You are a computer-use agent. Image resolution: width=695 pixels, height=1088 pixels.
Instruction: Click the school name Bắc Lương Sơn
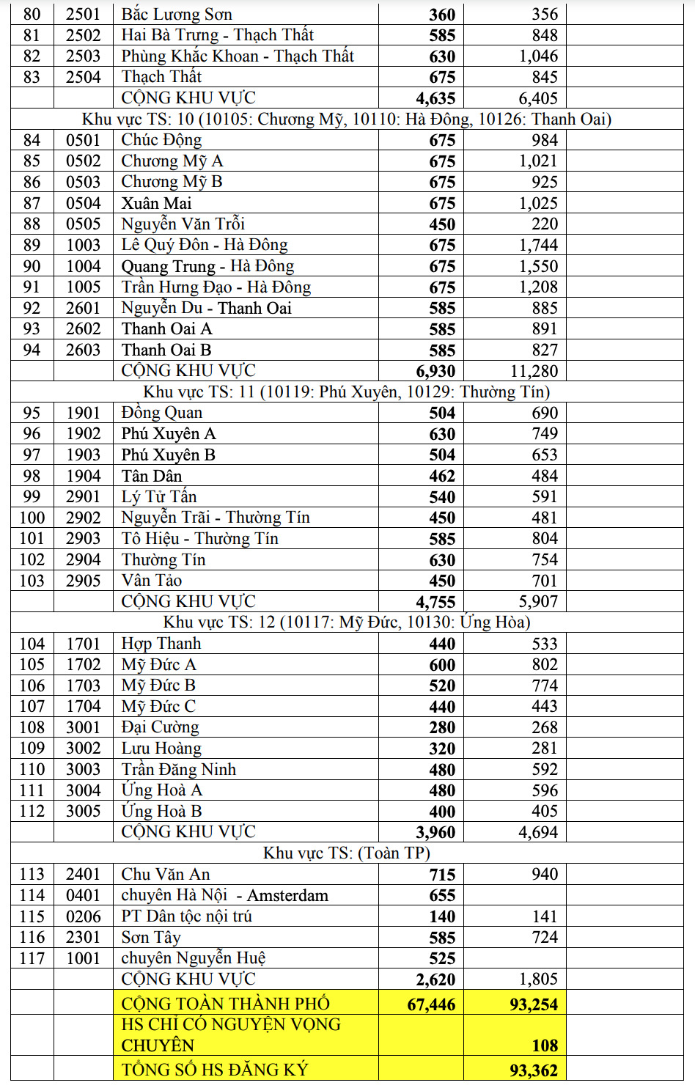pyautogui.click(x=177, y=14)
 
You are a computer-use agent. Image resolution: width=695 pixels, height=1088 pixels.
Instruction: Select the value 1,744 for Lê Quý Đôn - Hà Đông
pyautogui.click(x=538, y=245)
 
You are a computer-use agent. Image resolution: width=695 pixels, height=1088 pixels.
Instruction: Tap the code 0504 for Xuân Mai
pyautogui.click(x=83, y=203)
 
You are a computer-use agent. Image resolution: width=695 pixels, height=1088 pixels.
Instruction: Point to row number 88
pyautogui.click(x=32, y=224)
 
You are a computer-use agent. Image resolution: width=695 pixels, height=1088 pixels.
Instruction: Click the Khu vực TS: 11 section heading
pyautogui.click(x=346, y=392)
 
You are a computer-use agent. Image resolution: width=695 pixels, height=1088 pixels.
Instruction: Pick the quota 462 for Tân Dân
pyautogui.click(x=442, y=476)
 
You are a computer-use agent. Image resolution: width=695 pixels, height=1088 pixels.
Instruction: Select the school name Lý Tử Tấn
pyautogui.click(x=159, y=497)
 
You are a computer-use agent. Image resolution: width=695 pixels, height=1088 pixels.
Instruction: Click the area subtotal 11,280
pyautogui.click(x=534, y=371)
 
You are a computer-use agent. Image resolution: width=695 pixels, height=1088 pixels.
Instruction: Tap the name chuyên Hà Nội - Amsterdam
pyautogui.click(x=224, y=895)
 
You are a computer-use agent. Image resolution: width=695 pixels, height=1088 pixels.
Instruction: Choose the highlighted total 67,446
pyautogui.click(x=431, y=1004)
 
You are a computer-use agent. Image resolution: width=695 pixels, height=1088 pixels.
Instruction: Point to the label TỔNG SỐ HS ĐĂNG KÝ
pyautogui.click(x=215, y=1070)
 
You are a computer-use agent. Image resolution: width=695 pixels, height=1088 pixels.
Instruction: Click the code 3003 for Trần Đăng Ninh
pyautogui.click(x=83, y=769)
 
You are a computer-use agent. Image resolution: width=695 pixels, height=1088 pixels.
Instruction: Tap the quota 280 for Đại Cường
pyautogui.click(x=442, y=727)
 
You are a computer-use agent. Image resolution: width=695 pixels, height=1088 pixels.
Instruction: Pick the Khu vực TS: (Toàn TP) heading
pyautogui.click(x=346, y=853)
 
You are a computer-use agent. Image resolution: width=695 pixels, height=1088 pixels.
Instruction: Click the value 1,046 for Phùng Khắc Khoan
pyautogui.click(x=538, y=56)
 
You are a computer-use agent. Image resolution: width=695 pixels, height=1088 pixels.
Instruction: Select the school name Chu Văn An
pyautogui.click(x=166, y=874)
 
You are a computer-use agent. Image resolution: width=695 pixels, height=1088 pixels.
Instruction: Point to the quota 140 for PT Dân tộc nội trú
pyautogui.click(x=442, y=916)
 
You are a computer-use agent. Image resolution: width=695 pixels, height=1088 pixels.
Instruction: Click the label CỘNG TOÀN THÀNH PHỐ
pyautogui.click(x=225, y=1004)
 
